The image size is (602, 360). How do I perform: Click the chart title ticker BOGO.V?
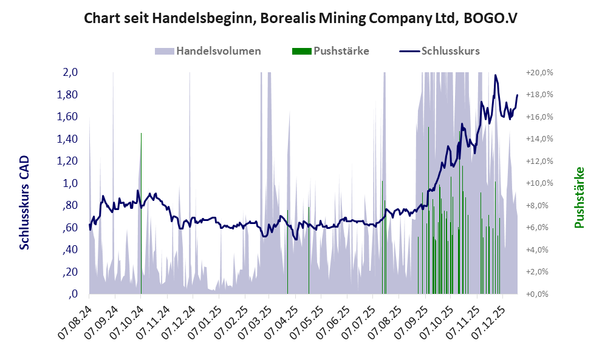click(490, 18)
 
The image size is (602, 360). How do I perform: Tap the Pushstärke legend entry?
click(341, 51)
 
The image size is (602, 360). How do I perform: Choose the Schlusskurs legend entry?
click(450, 51)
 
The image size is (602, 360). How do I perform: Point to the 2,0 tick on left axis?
click(70, 72)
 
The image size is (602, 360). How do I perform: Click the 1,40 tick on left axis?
click(69, 139)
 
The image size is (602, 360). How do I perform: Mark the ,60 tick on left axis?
click(70, 228)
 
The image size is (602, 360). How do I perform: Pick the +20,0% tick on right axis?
click(541, 72)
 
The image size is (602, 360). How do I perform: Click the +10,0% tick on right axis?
click(541, 183)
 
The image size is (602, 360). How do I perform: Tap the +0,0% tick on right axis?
click(541, 294)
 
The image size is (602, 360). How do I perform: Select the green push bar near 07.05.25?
click(309, 249)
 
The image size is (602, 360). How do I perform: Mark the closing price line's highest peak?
click(496, 75)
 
